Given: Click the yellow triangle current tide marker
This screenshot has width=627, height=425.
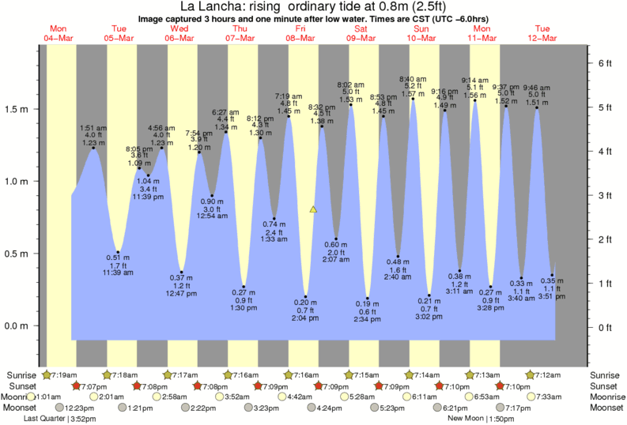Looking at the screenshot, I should click(x=313, y=209).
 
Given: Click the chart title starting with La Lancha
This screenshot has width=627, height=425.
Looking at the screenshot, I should click(x=313, y=7).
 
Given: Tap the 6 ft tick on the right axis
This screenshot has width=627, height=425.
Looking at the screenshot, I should click(x=606, y=62).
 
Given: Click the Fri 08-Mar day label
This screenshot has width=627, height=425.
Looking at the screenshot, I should click(x=302, y=32).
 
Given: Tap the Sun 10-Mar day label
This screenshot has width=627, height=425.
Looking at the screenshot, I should click(x=421, y=32).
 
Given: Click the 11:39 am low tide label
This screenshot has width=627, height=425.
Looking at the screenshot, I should click(x=118, y=273).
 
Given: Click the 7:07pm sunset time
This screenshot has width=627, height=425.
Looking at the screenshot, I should click(x=94, y=386).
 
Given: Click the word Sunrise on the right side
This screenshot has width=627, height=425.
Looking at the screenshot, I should click(x=606, y=374).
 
